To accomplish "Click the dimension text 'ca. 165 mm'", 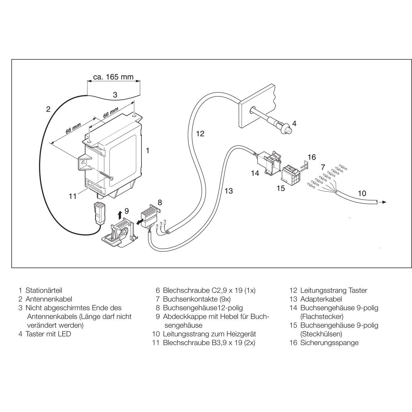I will tap(114, 77).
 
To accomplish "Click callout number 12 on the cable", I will tap(200, 134).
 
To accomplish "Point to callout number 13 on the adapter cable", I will tap(229, 191).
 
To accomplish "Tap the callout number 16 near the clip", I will tap(311, 157).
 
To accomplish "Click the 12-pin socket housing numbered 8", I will tap(151, 214).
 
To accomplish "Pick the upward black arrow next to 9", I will tap(119, 215).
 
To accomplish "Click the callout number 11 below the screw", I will tap(72, 196).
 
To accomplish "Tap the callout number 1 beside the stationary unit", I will tap(147, 150).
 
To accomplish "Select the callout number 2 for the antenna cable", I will tap(48, 109).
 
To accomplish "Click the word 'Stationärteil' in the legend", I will tap(44, 290).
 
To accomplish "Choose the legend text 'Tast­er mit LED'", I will tap(48, 334).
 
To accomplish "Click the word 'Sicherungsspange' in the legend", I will tap(329, 343).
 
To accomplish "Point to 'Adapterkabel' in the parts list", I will tap(321, 299).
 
